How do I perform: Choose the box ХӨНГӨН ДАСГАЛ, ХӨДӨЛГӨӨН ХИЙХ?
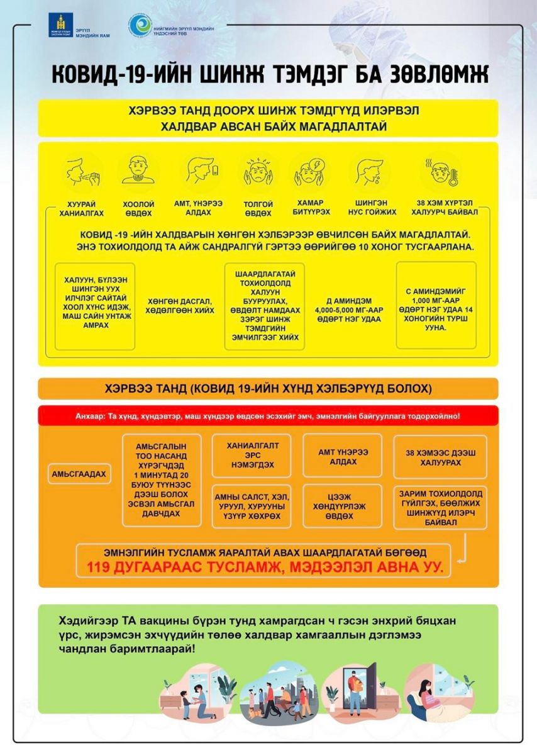click(180, 306)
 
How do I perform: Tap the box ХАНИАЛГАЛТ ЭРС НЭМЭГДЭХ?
click(252, 455)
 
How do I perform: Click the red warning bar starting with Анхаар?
click(268, 416)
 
